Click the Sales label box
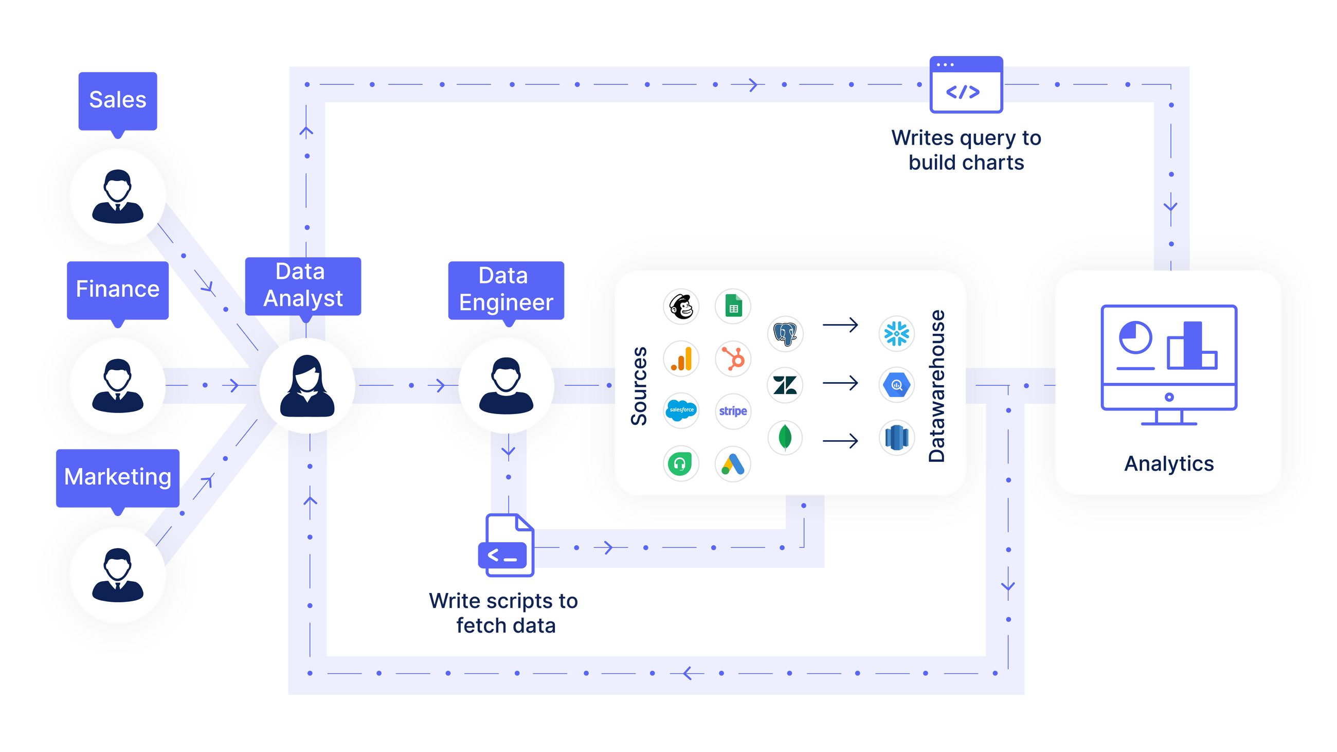tap(118, 100)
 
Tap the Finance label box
tap(118, 289)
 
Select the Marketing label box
tap(118, 477)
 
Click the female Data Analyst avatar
tap(308, 386)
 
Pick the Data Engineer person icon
tap(506, 386)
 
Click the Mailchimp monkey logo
tap(681, 307)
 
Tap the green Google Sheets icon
tap(733, 307)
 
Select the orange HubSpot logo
tap(733, 359)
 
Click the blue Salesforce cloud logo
tap(681, 410)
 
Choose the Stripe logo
tap(733, 411)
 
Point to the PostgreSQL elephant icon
tap(785, 334)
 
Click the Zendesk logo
tap(785, 385)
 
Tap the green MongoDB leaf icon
tap(785, 438)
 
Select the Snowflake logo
tap(896, 334)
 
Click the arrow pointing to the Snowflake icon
tap(840, 326)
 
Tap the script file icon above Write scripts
tap(506, 546)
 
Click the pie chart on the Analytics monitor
tap(1135, 338)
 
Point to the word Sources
tap(639, 386)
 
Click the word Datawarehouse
tap(937, 386)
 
